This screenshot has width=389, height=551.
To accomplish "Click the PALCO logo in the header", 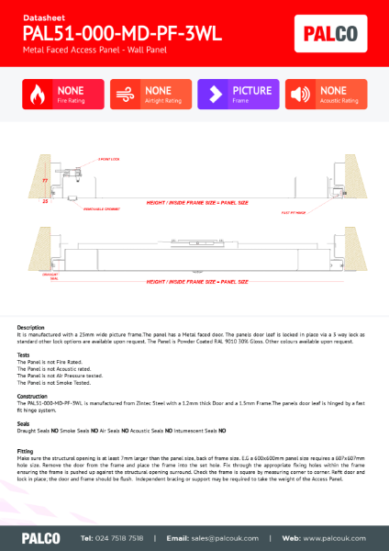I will pos(336,36).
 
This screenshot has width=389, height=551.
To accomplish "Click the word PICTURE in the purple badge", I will pos(251,91).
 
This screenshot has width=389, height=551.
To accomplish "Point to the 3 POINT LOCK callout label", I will pos(83,159).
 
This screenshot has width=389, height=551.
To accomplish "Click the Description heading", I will pos(30,327).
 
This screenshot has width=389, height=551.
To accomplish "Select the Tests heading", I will pos(24,354).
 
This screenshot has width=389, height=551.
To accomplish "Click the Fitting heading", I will pos(26,451).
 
